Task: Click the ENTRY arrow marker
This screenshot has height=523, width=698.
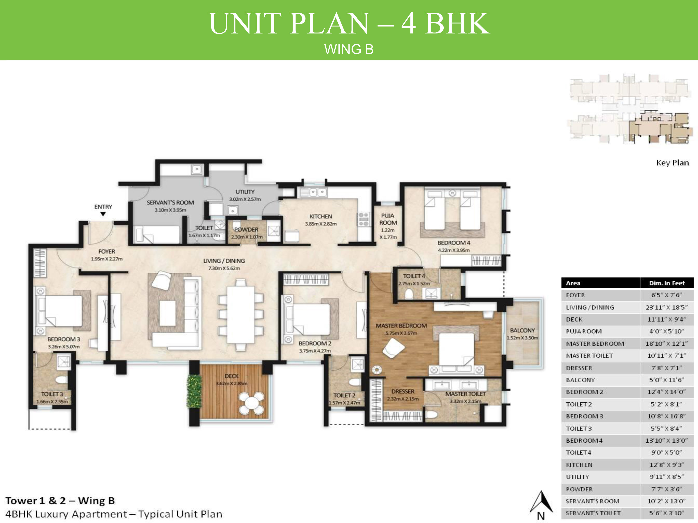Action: click(103, 214)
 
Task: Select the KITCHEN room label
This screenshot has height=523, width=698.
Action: click(321, 216)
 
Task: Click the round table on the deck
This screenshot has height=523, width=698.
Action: click(252, 403)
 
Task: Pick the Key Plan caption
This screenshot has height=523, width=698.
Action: click(672, 163)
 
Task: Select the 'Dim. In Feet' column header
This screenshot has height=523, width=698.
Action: click(667, 283)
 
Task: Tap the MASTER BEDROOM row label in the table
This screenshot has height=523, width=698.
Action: click(595, 344)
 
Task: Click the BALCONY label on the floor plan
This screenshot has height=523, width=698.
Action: click(522, 330)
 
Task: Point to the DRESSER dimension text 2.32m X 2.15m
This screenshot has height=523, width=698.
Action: click(403, 399)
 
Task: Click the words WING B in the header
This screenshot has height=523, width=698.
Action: click(349, 49)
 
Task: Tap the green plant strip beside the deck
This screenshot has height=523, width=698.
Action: click(194, 391)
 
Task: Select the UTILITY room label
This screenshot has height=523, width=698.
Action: click(245, 192)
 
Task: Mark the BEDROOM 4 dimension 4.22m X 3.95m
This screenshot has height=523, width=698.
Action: click(454, 250)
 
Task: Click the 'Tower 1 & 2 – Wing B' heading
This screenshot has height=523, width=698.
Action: click(60, 501)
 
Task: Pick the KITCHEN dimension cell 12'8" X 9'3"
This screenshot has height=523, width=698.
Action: click(667, 465)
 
